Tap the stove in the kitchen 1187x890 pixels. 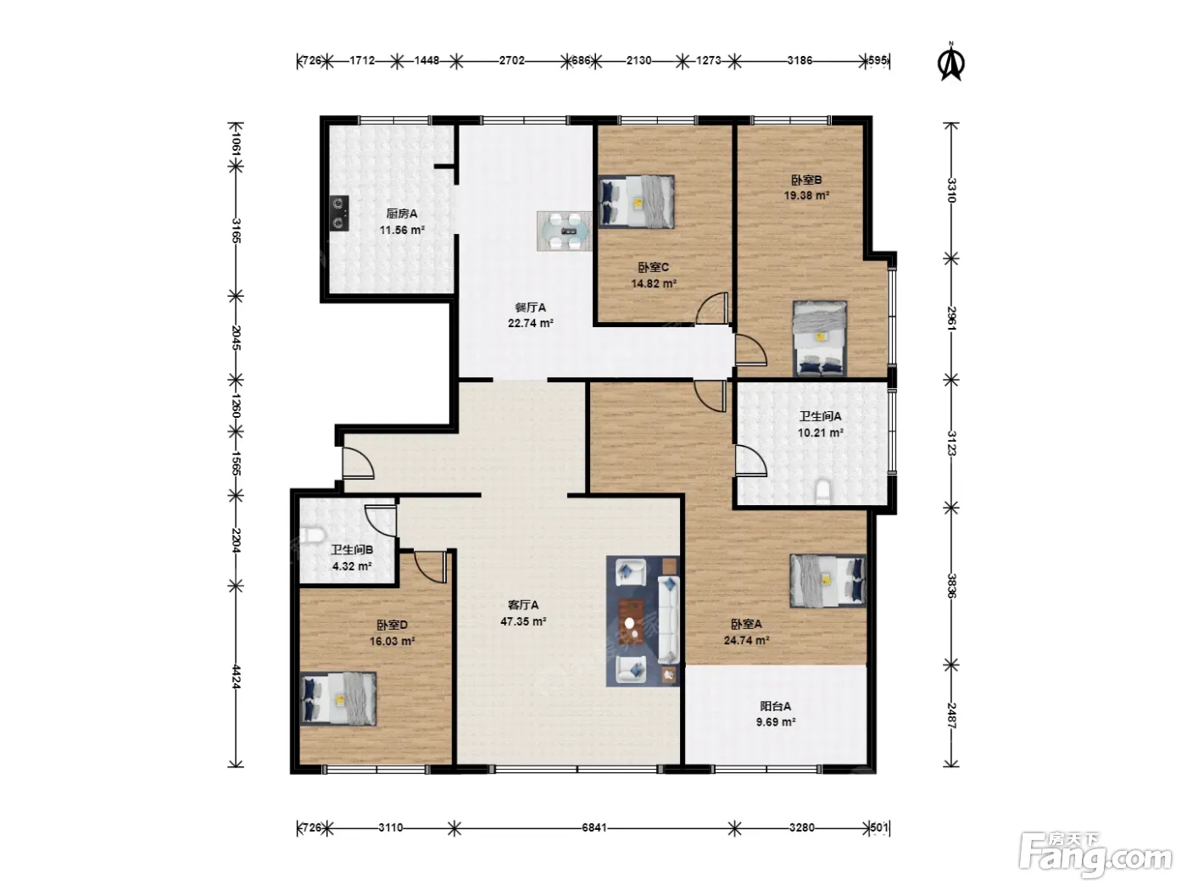click(339, 213)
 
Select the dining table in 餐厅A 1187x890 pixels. click(564, 231)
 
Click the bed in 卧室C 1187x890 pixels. click(637, 202)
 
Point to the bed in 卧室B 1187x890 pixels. click(820, 338)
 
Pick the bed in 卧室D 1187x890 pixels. click(338, 699)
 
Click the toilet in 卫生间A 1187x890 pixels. click(822, 491)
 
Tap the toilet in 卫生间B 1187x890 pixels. click(312, 536)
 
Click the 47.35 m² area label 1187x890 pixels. click(523, 621)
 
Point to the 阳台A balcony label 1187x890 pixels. click(776, 706)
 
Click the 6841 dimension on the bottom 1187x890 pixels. click(594, 827)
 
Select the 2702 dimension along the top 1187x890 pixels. click(511, 60)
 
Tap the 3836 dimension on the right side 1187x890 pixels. click(952, 586)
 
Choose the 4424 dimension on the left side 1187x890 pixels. click(236, 676)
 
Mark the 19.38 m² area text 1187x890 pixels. click(807, 195)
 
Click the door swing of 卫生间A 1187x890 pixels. click(750, 460)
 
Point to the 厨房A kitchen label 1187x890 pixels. click(401, 214)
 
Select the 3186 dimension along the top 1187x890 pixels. click(800, 60)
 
